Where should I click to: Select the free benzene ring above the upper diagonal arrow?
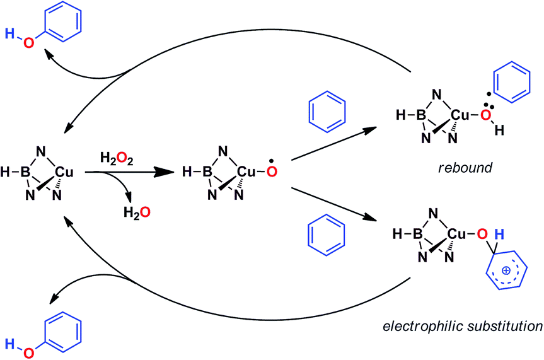[326, 112]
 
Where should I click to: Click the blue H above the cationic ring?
[497, 236]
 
